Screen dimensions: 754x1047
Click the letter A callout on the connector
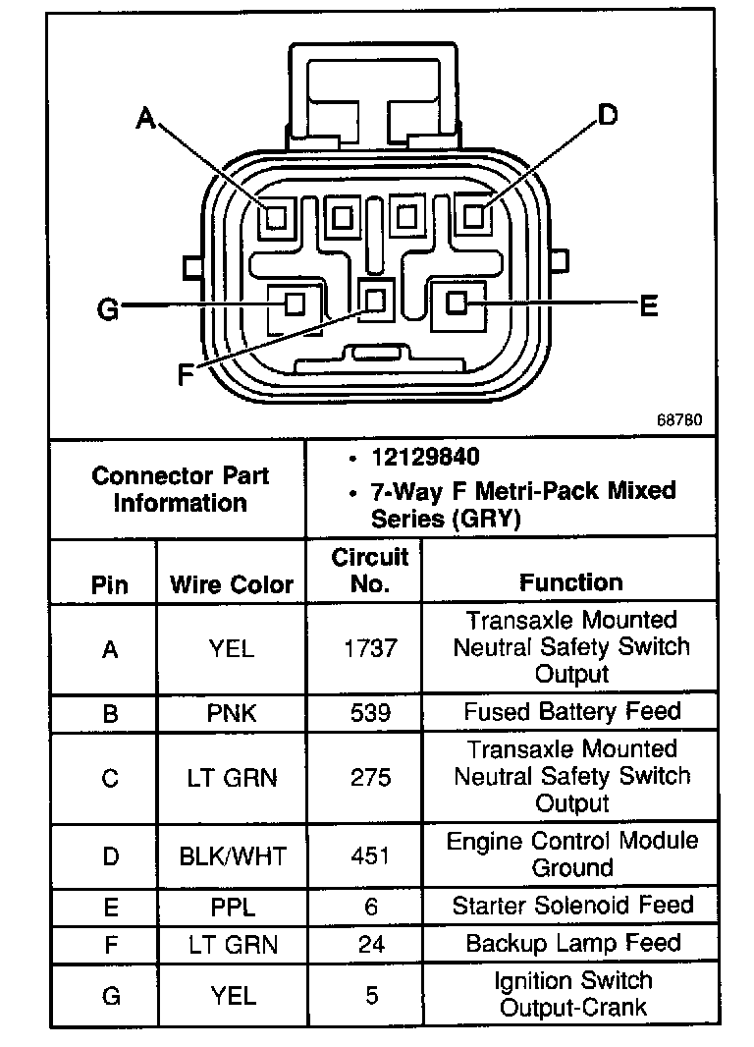[145, 120]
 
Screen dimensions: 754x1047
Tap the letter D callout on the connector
[609, 116]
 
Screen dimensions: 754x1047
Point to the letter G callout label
[108, 310]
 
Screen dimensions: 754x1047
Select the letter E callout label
[648, 307]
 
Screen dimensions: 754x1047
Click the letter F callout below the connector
[185, 375]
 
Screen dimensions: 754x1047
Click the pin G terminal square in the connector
[294, 304]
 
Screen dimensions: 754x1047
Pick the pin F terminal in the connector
[375, 298]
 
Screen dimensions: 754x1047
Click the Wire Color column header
[232, 584]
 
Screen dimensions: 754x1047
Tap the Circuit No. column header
[369, 571]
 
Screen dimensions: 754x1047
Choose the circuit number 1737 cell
[370, 648]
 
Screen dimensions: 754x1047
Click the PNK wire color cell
[232, 712]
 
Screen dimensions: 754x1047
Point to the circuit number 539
[370, 712]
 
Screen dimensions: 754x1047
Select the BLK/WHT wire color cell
[232, 856]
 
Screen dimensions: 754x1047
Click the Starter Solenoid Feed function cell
[572, 906]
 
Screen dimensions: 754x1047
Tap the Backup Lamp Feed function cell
[572, 944]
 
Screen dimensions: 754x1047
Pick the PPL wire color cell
[232, 906]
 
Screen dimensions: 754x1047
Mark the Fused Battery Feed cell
[572, 711]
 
